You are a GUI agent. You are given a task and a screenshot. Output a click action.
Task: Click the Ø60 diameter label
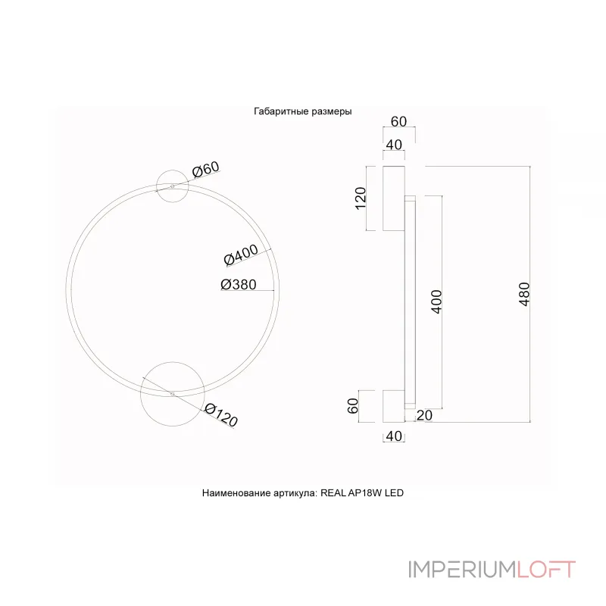click(205, 170)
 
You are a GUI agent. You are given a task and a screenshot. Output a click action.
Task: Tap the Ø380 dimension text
click(238, 285)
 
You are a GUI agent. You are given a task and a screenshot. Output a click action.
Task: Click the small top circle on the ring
click(173, 185)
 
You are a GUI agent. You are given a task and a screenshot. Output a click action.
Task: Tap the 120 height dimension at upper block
click(361, 198)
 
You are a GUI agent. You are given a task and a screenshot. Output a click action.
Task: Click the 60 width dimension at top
click(399, 122)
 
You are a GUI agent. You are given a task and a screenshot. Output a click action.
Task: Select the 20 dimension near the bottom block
click(423, 414)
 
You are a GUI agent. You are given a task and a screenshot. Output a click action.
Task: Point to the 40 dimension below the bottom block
click(394, 436)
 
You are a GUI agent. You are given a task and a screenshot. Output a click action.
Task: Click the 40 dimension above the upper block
click(394, 145)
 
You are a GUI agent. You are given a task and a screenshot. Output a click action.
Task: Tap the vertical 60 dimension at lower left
click(352, 405)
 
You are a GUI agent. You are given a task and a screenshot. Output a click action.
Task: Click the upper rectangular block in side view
click(394, 198)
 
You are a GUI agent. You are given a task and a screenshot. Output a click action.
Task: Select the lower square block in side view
click(394, 405)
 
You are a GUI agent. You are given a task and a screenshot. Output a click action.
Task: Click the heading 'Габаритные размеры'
click(302, 111)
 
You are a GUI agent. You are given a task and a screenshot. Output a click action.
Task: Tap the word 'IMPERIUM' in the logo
click(462, 569)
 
